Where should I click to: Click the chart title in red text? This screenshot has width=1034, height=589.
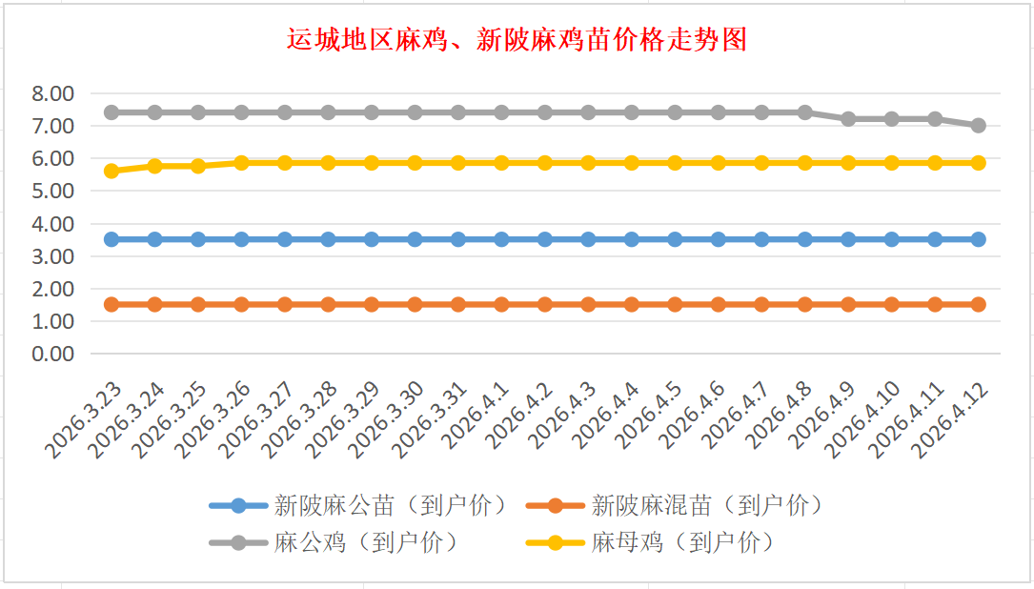[x=517, y=40]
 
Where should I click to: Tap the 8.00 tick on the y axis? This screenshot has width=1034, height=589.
[x=52, y=93]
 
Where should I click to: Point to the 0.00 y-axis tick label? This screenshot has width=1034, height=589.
[x=52, y=354]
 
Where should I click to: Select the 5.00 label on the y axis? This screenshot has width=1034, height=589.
[x=52, y=191]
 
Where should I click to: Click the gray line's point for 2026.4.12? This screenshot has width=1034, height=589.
[x=978, y=126]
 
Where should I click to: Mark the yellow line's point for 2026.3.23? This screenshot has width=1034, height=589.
[x=112, y=172]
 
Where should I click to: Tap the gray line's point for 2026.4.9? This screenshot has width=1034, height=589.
[x=848, y=119]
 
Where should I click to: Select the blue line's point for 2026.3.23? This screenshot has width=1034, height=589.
[x=112, y=239]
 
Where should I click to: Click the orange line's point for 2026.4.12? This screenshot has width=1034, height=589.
[x=978, y=304]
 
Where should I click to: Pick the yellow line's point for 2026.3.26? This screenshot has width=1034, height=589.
[x=241, y=163]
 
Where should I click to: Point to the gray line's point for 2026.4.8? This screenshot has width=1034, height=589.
[x=804, y=112]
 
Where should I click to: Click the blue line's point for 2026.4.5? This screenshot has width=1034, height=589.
[x=675, y=239]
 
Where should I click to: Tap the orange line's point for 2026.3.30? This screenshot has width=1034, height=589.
[x=415, y=304]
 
